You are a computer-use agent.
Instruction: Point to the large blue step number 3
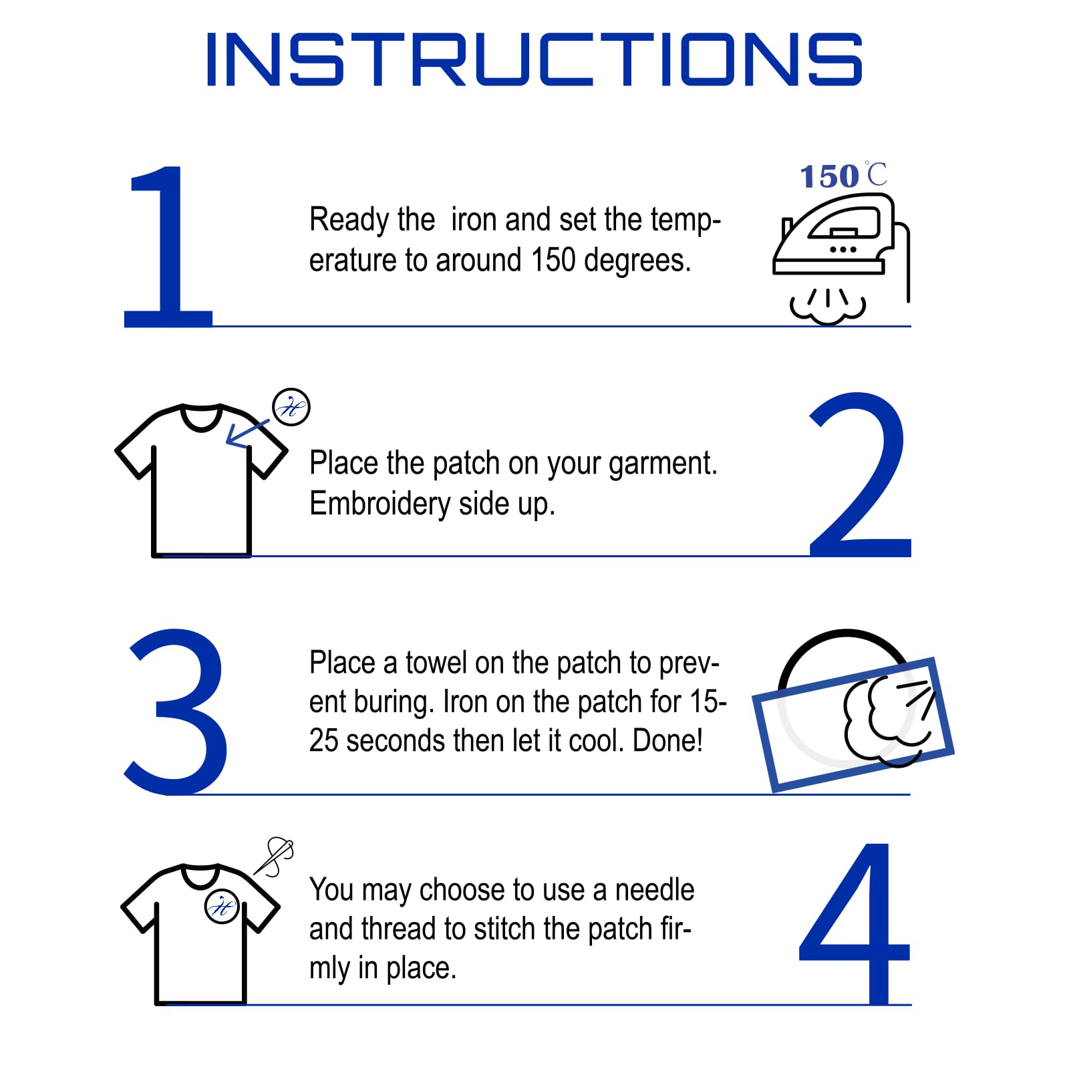(x=176, y=712)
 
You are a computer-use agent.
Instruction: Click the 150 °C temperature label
(x=844, y=176)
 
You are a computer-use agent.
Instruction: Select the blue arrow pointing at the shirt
(x=247, y=434)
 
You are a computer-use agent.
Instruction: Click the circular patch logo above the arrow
(x=291, y=407)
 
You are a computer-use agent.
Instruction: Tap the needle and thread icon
(x=274, y=856)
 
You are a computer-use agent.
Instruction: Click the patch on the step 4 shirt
(x=222, y=907)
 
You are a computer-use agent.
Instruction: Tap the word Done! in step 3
(x=667, y=741)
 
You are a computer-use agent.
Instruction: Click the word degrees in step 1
(x=637, y=261)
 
